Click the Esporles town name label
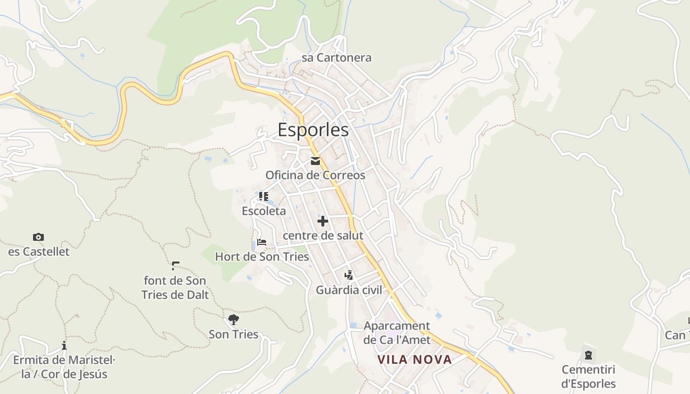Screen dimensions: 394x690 tap(313, 130)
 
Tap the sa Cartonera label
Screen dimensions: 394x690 tap(337, 58)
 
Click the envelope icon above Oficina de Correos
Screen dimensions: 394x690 tap(315, 161)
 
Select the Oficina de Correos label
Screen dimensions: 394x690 tap(315, 175)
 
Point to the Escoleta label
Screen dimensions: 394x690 tap(264, 211)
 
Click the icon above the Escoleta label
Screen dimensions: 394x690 tap(264, 197)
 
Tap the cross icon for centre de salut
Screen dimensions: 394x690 tap(323, 221)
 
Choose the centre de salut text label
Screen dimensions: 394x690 tap(323, 235)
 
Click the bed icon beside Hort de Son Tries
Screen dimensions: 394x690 tap(262, 242)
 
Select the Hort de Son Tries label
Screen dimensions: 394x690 tap(262, 257)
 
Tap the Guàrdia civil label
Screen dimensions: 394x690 tap(349, 290)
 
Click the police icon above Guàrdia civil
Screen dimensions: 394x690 tap(349, 275)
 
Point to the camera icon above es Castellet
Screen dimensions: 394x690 tap(38, 237)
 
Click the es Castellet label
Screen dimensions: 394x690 tap(39, 252)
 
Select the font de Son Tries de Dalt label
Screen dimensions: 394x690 tap(175, 288)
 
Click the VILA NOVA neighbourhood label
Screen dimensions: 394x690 tap(414, 360)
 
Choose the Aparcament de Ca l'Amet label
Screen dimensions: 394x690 tap(397, 332)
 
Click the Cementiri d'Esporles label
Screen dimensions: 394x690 tap(588, 376)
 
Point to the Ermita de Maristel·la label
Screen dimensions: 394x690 tap(64, 367)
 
